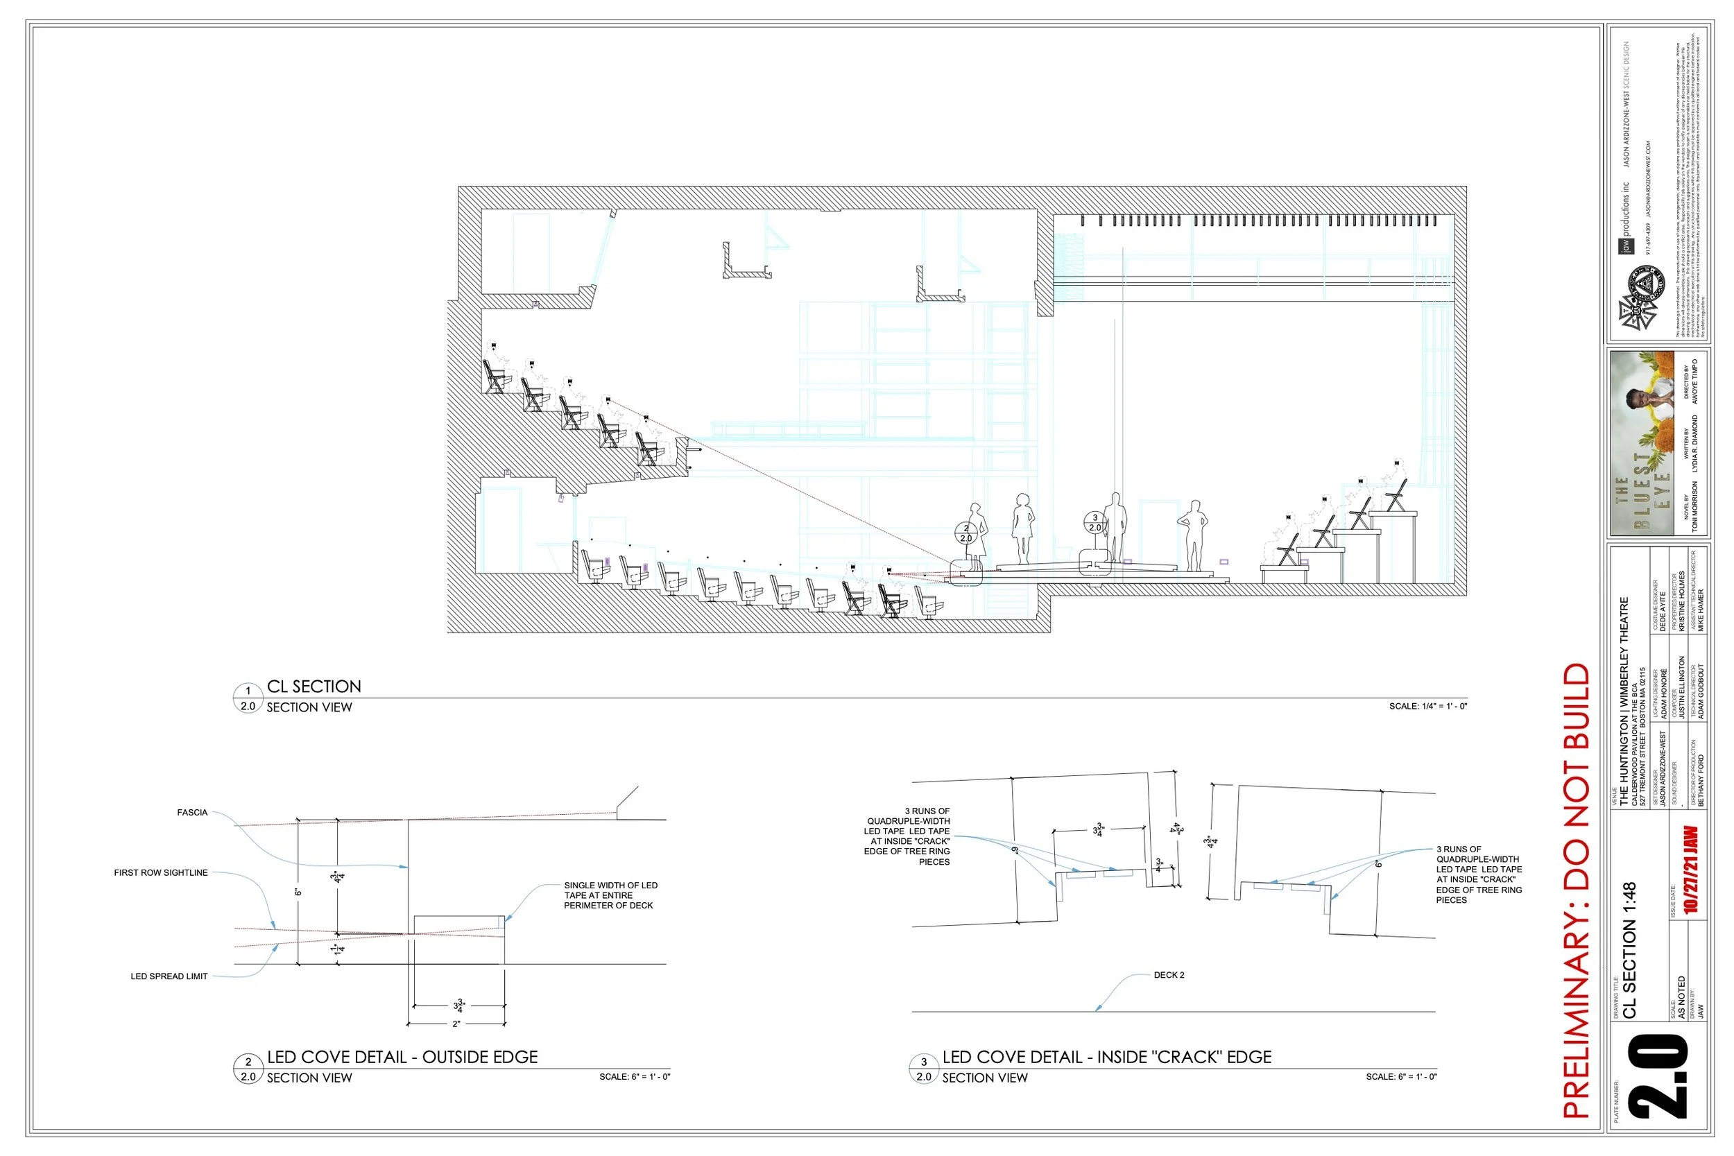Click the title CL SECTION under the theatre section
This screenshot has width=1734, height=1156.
[x=314, y=687]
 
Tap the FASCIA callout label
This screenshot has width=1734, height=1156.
[x=191, y=813]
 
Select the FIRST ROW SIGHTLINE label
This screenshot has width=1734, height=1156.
[x=161, y=873]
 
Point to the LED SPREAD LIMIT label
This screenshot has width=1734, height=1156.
[x=169, y=976]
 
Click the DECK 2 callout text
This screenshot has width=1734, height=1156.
[x=1169, y=974]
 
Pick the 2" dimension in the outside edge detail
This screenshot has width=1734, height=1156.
[x=456, y=1024]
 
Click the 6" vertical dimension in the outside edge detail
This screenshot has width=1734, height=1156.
[x=298, y=892]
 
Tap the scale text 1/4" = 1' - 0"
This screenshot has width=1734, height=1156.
[x=1428, y=706]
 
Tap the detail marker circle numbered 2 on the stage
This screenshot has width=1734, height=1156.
[x=965, y=533]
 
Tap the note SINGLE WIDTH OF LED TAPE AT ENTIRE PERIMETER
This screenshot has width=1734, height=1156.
[x=610, y=895]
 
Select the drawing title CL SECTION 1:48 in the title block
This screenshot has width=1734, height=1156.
[x=1629, y=950]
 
